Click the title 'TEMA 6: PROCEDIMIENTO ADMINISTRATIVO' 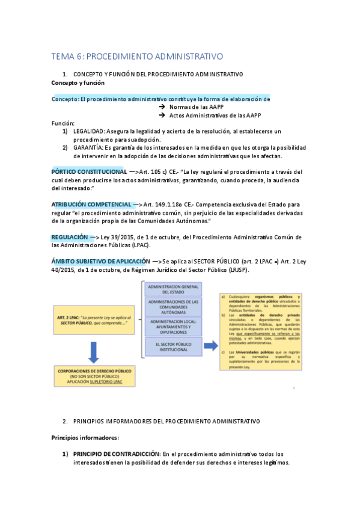[x=137, y=56]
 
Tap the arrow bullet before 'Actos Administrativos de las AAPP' [x=162, y=115]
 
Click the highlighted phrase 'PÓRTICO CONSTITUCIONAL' [x=89, y=171]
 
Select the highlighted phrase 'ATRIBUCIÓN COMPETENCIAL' [x=94, y=204]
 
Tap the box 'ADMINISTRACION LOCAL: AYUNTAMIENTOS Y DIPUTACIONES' [x=173, y=327]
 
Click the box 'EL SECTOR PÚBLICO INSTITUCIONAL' [x=173, y=347]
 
